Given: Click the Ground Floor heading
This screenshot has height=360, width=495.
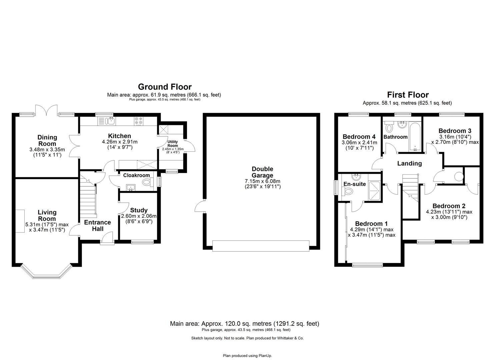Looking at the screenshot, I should (165, 87).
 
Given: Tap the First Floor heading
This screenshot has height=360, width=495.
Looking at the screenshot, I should (407, 95).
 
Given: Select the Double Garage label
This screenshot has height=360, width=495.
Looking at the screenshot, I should (262, 172).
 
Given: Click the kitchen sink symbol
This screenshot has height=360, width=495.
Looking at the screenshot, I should (110, 121).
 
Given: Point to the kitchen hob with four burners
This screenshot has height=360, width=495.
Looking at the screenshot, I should (139, 121).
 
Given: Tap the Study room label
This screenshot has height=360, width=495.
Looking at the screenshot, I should (139, 210).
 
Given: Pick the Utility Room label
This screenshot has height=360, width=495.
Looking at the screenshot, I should (173, 144).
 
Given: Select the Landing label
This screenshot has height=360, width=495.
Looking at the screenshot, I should (409, 163).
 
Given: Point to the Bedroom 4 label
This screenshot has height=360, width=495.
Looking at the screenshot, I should (359, 137).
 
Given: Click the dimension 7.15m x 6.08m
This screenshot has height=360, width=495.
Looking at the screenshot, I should (262, 181).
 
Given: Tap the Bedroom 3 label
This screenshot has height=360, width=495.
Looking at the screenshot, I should (455, 131).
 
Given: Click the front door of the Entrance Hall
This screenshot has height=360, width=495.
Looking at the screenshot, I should (108, 239).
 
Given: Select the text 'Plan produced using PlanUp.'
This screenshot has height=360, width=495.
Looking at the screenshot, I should (247, 356).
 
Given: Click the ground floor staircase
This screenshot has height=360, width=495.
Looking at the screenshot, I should (88, 198).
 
